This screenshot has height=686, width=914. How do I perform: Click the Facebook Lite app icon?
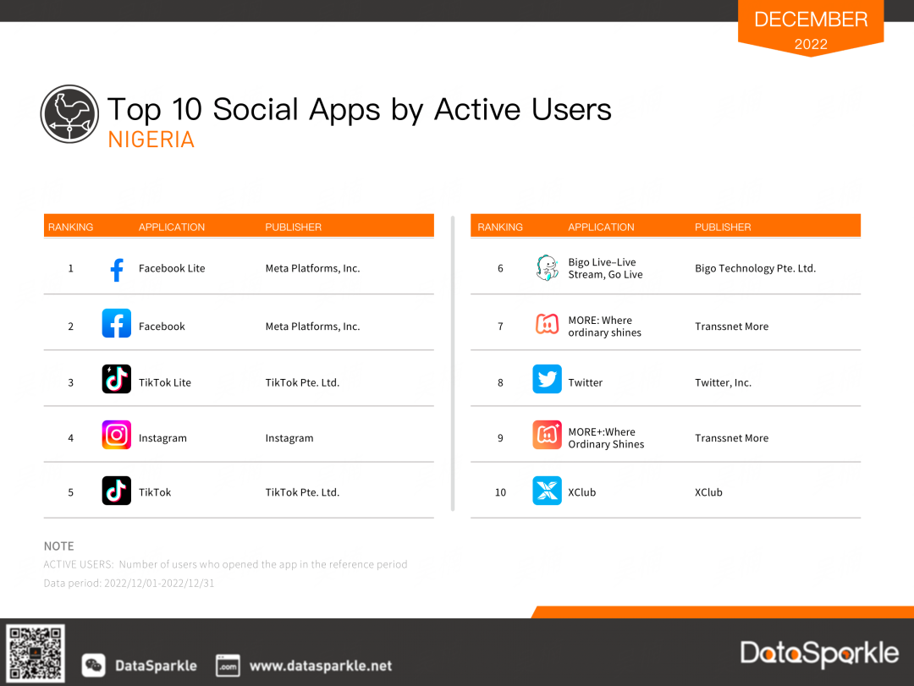coord(117,269)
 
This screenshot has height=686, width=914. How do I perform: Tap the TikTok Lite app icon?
coord(117,379)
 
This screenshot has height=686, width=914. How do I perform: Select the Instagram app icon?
coord(117,435)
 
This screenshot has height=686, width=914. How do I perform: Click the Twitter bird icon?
coord(547,379)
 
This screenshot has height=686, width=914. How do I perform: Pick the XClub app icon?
coord(547,491)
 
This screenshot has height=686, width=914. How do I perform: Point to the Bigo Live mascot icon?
coord(547,268)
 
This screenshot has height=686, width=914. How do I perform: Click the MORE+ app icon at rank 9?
coord(547,435)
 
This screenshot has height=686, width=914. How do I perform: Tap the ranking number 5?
coord(70,492)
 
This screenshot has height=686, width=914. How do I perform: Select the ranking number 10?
coord(500,492)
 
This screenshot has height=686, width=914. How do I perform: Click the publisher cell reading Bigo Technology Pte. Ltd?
coord(755,269)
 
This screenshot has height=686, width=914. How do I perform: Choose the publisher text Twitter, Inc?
coord(723,383)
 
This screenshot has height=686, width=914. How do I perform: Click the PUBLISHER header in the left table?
coord(293,228)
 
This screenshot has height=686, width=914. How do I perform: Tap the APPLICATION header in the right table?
coord(601,228)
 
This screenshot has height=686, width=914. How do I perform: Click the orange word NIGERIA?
coord(151,140)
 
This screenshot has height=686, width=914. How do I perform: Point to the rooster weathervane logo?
coord(69,113)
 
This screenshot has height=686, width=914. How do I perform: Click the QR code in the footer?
coord(35,653)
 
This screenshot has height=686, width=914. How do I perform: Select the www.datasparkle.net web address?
coord(321,666)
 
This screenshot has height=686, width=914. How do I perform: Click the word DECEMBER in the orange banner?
coord(811,19)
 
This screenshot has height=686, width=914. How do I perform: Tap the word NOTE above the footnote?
coord(59,546)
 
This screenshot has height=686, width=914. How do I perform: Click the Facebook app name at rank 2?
coord(162,327)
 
